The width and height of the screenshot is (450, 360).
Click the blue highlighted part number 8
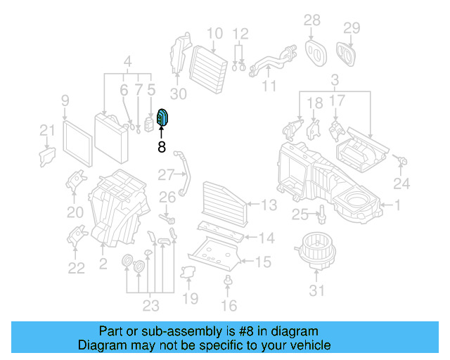pos(162,120)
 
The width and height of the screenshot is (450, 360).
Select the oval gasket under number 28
pos(313,49)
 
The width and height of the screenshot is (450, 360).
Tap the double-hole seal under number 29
pos(346,51)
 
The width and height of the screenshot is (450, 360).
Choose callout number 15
pos(262,262)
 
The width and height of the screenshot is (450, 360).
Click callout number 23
pos(150,305)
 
